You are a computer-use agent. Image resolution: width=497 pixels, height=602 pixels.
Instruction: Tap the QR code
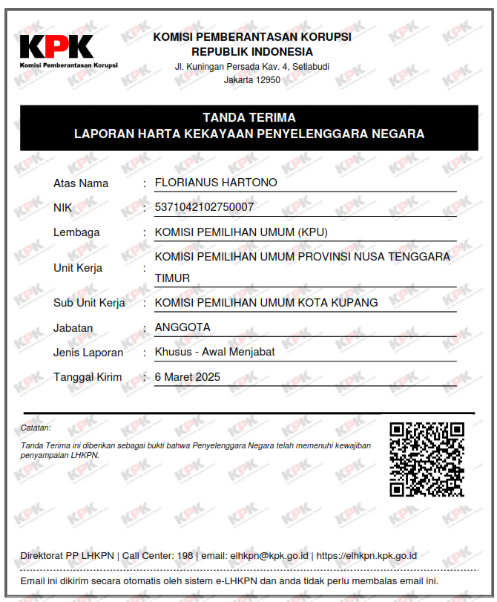click(x=427, y=459)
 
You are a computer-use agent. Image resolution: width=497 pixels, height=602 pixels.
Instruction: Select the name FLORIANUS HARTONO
click(x=215, y=183)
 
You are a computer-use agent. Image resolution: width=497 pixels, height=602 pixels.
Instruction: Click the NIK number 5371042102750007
click(x=204, y=207)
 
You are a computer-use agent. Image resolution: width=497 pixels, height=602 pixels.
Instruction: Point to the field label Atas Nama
click(x=81, y=183)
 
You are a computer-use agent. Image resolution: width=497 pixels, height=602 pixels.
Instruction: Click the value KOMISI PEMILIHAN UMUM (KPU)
click(x=240, y=232)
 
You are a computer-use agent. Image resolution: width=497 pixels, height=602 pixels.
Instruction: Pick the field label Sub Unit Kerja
click(x=89, y=303)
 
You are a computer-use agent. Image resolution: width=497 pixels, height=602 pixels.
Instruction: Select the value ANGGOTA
click(x=182, y=327)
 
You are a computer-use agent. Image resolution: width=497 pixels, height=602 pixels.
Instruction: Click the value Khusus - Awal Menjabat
click(x=214, y=352)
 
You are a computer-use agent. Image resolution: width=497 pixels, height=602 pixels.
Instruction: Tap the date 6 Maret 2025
click(x=188, y=377)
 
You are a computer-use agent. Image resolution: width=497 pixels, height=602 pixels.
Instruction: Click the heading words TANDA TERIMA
click(x=249, y=117)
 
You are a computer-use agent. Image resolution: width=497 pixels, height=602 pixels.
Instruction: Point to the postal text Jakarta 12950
click(x=252, y=80)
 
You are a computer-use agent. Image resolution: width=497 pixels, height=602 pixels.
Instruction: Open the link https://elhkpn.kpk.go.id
click(x=366, y=555)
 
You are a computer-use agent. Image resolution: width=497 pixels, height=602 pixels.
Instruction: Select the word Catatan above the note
click(x=36, y=428)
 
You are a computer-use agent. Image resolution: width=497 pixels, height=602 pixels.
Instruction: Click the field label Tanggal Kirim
click(x=88, y=377)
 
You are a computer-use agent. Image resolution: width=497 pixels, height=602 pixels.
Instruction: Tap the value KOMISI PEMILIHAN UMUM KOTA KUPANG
click(x=266, y=303)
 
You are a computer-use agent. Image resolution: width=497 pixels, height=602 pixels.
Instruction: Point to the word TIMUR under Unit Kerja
click(x=172, y=278)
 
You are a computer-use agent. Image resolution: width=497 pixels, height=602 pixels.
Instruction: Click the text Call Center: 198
click(x=157, y=555)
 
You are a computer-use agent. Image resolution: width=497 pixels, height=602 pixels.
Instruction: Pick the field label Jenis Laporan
click(x=88, y=353)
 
